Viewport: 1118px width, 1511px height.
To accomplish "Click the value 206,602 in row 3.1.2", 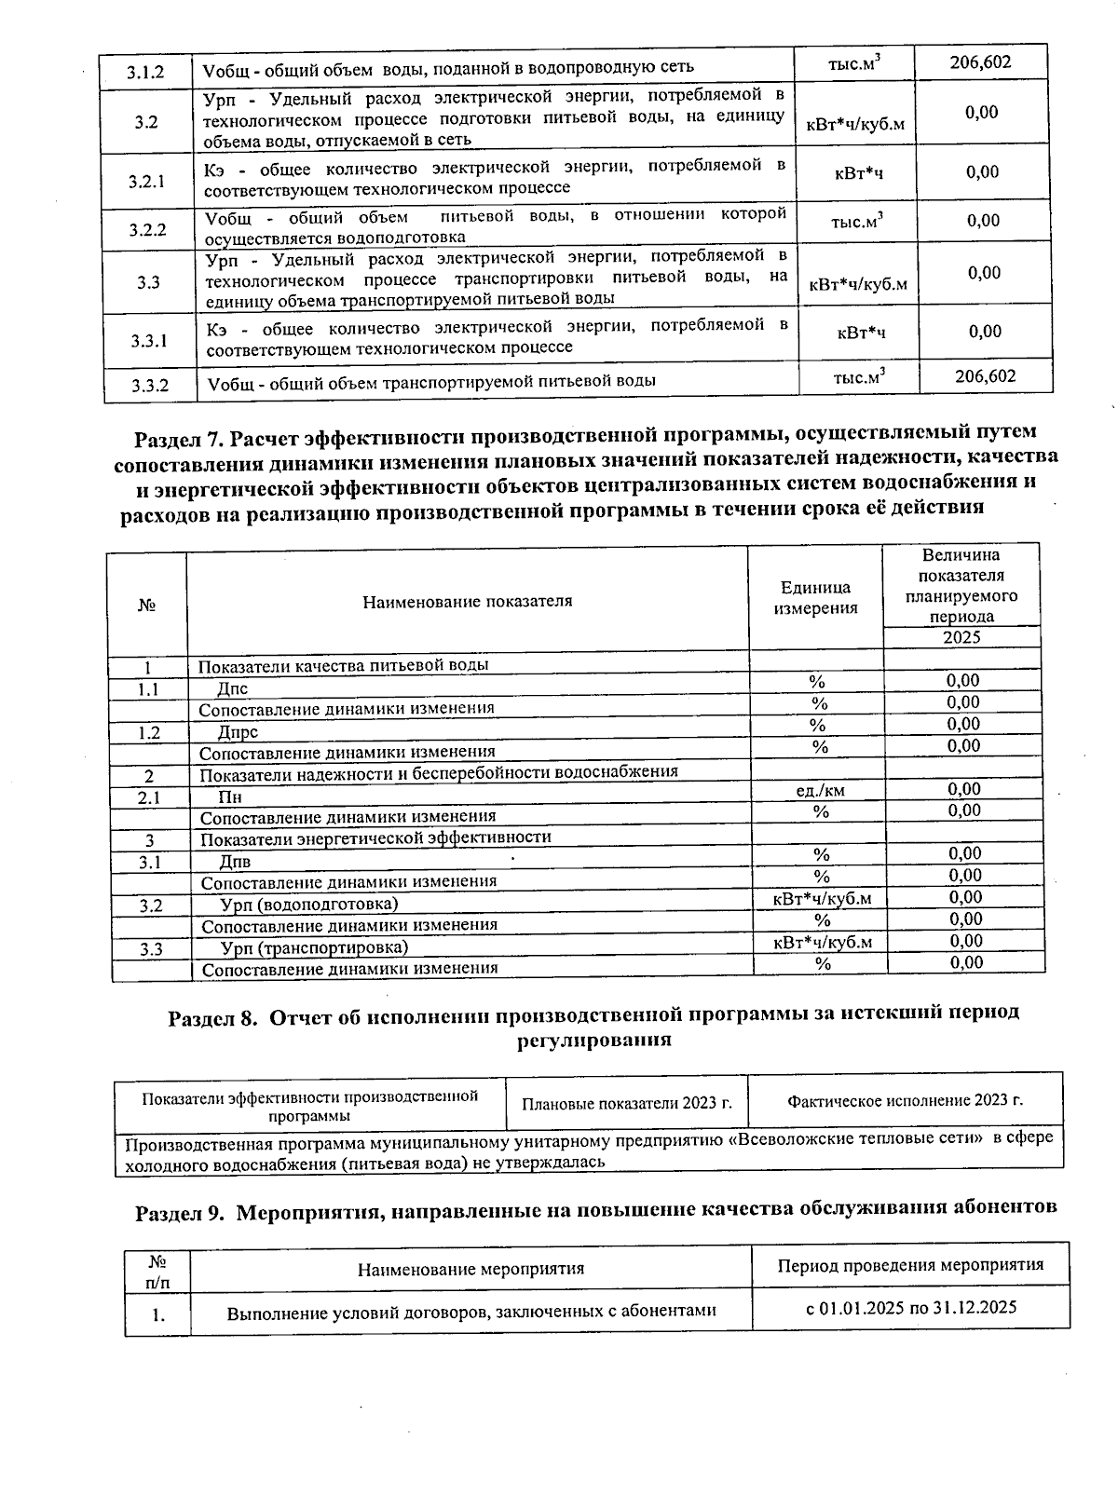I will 980,62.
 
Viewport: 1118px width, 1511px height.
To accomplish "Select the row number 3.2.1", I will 147,181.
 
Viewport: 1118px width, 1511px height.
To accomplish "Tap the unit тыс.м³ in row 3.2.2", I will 856,222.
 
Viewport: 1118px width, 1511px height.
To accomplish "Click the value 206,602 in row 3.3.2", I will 985,375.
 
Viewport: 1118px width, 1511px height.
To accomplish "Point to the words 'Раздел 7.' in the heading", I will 178,436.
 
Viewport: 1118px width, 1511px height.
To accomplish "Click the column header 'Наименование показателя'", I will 467,601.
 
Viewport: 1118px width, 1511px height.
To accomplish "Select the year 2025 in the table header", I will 961,638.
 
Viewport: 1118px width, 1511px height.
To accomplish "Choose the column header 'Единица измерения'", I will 816,598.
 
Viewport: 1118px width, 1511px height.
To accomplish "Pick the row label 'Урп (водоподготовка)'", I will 308,904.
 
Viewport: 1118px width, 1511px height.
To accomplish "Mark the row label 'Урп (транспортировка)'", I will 314,947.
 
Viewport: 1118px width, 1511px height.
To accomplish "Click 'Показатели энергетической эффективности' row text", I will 375,837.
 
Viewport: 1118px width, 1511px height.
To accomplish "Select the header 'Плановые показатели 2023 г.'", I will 626,1103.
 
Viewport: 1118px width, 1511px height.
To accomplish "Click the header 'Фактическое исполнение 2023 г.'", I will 905,1100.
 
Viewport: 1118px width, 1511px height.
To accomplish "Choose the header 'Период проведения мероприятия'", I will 910,1265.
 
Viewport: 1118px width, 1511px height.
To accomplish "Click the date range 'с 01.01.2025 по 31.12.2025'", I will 910,1307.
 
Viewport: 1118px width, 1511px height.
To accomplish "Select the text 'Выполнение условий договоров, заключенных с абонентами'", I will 471,1312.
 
